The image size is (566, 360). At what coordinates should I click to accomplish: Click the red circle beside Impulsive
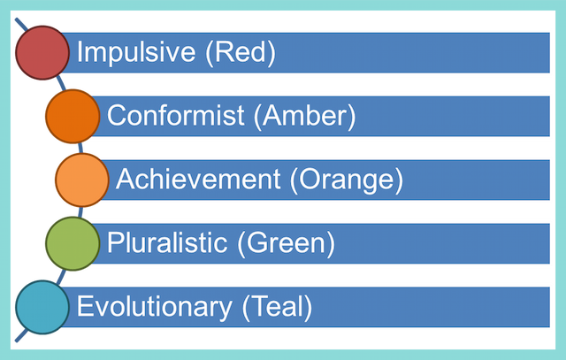click(42, 53)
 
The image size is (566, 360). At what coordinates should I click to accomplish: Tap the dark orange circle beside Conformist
click(73, 116)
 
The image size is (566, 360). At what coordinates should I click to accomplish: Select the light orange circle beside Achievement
click(82, 180)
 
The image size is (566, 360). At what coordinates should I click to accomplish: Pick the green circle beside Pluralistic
click(73, 244)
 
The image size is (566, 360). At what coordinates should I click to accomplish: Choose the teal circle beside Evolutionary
click(42, 307)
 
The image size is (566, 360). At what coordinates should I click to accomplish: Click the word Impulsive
click(136, 53)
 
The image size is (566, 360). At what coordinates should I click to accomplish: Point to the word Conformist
click(176, 115)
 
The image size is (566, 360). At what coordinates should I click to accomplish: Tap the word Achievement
click(198, 179)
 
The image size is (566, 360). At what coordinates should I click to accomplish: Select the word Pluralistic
click(167, 242)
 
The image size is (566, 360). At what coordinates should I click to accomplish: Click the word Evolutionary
click(154, 307)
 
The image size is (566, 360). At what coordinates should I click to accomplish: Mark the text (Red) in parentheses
click(241, 53)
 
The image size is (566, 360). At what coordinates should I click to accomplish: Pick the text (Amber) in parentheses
click(304, 116)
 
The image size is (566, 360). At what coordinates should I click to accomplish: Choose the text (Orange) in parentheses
click(347, 180)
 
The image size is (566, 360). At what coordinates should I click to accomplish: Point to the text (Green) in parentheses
click(287, 244)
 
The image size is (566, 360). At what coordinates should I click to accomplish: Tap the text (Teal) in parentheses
click(277, 307)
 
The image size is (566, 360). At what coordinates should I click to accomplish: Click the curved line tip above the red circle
click(16, 19)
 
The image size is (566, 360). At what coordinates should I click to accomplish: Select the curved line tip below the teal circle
click(16, 341)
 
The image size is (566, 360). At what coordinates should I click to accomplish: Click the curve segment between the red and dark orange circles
click(61, 83)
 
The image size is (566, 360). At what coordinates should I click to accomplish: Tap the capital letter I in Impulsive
click(80, 51)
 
